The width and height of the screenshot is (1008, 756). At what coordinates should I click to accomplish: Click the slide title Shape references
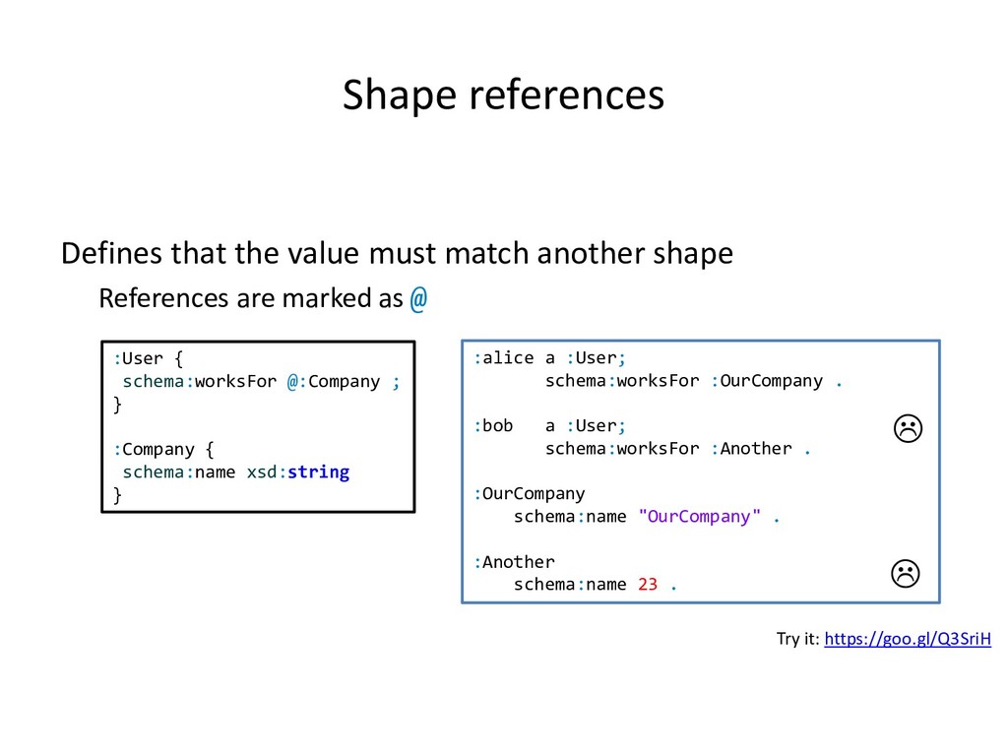tap(503, 95)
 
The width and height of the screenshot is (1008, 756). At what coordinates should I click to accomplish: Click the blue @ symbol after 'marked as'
tap(418, 298)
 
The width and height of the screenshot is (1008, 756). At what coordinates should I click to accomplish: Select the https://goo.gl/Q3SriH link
tap(908, 640)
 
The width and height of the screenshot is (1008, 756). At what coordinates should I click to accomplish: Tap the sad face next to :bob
tap(906, 428)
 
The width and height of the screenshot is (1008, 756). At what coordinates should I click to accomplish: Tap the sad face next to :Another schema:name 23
tap(906, 572)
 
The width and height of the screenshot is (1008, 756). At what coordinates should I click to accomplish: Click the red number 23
tap(648, 585)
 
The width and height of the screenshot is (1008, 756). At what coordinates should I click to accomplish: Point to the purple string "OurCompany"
tap(700, 517)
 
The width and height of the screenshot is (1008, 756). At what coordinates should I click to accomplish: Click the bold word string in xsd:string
tap(318, 472)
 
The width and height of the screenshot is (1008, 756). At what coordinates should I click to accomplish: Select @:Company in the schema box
tap(334, 382)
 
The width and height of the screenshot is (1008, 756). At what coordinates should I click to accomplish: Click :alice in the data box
tap(504, 358)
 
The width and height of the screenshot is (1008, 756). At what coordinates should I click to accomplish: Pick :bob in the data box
tap(494, 426)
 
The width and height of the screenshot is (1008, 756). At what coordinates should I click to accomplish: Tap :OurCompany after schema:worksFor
tap(766, 381)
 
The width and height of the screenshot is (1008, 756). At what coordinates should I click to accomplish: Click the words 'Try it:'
tap(797, 640)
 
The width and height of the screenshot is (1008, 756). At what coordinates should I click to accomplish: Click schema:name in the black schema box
tap(179, 472)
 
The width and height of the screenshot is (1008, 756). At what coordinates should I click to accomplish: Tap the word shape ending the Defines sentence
tap(693, 254)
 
